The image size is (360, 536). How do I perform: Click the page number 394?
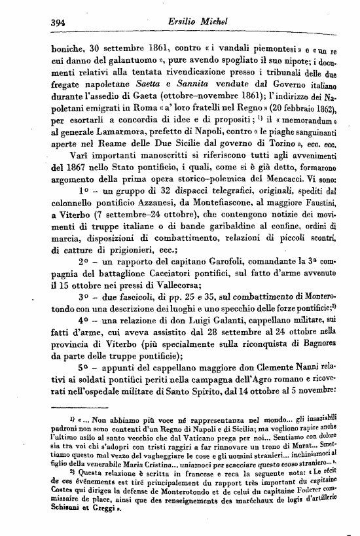pyautogui.click(x=60, y=21)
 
